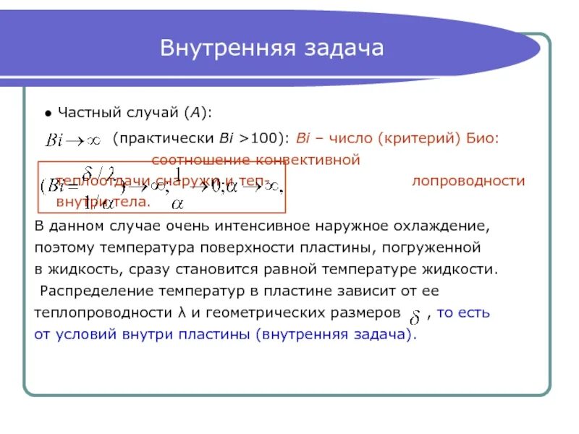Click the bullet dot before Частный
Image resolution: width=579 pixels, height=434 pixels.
pos(47,114)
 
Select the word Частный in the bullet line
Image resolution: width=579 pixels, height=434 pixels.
pos(87,113)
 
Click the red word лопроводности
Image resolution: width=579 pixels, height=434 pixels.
pos(468,181)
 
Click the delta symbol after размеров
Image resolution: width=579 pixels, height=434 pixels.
pos(415,316)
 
